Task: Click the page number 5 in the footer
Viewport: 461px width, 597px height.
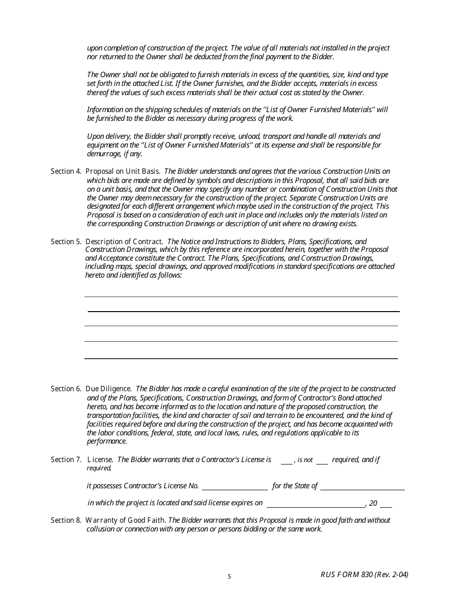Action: click(230, 577)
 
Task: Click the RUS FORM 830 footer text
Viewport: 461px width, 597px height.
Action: click(364, 575)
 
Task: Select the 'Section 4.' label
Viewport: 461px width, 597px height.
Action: click(66, 171)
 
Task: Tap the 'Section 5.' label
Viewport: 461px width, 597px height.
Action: click(66, 242)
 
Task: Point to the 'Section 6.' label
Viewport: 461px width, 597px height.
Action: click(66, 389)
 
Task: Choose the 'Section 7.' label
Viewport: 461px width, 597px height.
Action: click(66, 460)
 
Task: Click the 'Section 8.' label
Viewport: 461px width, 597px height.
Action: click(66, 520)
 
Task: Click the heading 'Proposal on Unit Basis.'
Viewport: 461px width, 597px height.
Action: click(124, 171)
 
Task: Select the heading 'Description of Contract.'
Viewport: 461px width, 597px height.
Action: click(124, 242)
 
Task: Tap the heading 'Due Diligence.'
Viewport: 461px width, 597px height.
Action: click(109, 389)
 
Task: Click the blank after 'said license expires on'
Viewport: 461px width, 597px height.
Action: click(316, 504)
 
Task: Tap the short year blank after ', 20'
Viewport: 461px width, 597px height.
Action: click(386, 504)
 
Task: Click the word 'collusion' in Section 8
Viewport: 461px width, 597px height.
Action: click(100, 529)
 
